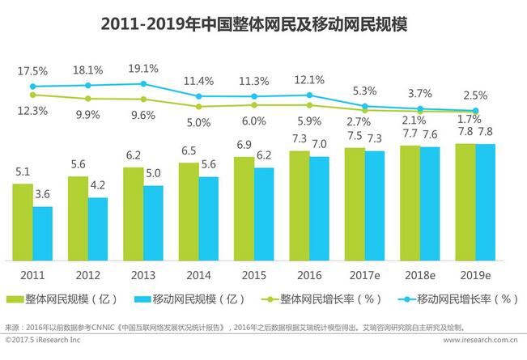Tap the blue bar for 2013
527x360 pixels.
point(153,222)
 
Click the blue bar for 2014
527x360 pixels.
point(208,218)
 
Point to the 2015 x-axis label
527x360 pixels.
point(253,273)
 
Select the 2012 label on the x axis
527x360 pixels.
point(87,273)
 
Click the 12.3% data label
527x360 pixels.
point(32,111)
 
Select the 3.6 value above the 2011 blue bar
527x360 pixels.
point(43,195)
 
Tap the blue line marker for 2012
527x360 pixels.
point(87,85)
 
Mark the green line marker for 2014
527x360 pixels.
point(198,106)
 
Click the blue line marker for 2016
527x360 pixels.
point(309,95)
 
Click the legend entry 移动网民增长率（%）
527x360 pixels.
point(457,299)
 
